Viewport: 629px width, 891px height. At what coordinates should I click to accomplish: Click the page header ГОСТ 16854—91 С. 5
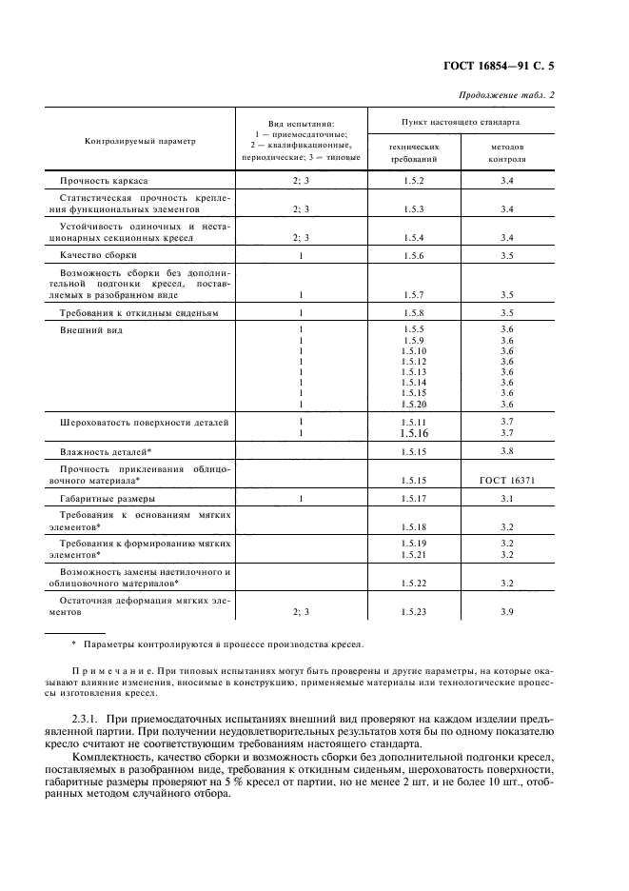click(512, 66)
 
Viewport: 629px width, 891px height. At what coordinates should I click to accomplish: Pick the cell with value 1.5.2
click(413, 180)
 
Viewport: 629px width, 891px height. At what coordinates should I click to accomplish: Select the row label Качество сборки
click(99, 255)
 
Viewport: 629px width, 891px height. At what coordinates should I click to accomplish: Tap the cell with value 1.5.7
click(413, 294)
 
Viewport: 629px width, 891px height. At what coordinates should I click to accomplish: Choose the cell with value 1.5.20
click(413, 404)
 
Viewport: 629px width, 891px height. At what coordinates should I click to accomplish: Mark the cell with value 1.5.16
click(413, 433)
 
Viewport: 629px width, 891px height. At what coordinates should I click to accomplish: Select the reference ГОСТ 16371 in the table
click(506, 480)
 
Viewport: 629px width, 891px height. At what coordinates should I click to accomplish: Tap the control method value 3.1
click(506, 498)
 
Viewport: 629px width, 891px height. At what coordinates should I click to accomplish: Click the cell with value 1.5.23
click(413, 612)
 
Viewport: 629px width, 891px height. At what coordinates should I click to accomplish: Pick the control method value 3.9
click(506, 612)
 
